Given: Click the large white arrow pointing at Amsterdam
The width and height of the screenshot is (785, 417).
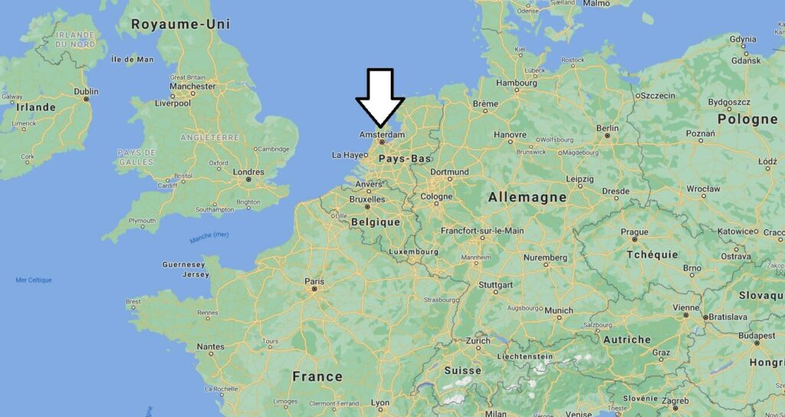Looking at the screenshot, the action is point(380,96).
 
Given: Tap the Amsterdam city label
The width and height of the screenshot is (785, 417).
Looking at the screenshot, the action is point(382,135).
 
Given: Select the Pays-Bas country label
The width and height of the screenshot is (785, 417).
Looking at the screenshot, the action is point(404,159).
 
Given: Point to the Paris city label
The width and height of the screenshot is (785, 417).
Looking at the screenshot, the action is point(314,281).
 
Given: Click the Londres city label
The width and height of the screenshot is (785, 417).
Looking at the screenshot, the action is point(248,172).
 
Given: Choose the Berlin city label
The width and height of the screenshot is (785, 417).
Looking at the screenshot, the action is point(607,128).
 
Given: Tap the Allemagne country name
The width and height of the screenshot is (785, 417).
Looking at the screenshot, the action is point(527,197).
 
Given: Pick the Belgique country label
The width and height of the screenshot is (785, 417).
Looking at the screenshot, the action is point(375,222).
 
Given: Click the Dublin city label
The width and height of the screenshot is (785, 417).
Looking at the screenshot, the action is point(86,90).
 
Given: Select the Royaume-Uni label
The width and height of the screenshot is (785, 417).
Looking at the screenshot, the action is point(180,25).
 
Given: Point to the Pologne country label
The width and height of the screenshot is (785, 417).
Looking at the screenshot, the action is point(747,119).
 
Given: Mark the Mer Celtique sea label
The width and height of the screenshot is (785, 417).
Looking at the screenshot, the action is point(34,280).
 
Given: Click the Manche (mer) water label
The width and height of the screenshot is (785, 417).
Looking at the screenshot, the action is point(209,238).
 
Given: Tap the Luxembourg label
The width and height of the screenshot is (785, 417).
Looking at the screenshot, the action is point(413,251).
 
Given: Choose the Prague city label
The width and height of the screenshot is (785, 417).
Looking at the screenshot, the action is point(634,231).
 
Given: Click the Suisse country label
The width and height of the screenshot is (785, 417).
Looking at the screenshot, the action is point(462,370).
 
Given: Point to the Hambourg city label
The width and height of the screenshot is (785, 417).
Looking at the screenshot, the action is point(517,82).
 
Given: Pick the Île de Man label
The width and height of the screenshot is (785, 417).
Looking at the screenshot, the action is point(132,59).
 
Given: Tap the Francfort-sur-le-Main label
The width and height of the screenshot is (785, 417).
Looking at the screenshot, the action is point(482,230).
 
